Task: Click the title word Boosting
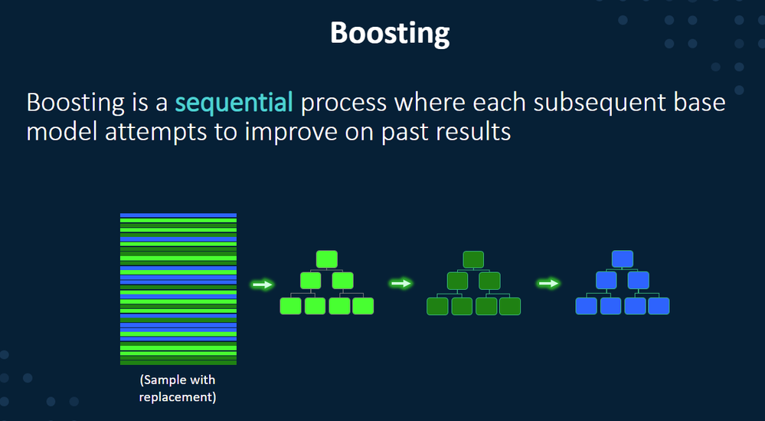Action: pyautogui.click(x=390, y=34)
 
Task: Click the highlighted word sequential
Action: pyautogui.click(x=234, y=102)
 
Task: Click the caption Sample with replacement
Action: pyautogui.click(x=178, y=389)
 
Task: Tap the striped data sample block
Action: pyautogui.click(x=178, y=288)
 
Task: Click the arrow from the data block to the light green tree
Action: pyautogui.click(x=263, y=285)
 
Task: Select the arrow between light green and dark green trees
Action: pyautogui.click(x=400, y=284)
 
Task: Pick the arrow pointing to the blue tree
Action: pyautogui.click(x=548, y=284)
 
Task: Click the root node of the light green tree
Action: pyautogui.click(x=327, y=259)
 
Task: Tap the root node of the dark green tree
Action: pyautogui.click(x=473, y=259)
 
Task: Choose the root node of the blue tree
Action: pyautogui.click(x=622, y=259)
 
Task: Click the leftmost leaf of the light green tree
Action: pyautogui.click(x=290, y=306)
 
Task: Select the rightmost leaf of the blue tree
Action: pyautogui.click(x=659, y=306)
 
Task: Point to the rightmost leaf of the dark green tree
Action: pyautogui.click(x=510, y=306)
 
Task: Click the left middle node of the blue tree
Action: pyautogui.click(x=606, y=281)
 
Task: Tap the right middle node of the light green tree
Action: pyautogui.click(x=342, y=281)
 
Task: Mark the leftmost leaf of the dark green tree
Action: pyautogui.click(x=437, y=306)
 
